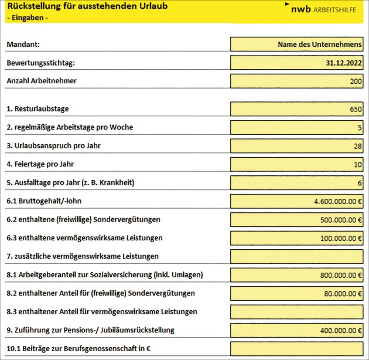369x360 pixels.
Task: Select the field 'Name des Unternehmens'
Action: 319,44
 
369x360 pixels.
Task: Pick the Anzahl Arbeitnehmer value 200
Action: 356,81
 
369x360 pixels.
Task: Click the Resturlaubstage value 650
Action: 356,109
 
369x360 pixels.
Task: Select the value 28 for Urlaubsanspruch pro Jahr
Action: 357,146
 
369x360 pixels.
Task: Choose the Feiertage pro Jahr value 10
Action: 357,165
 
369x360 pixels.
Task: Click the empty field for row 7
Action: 296,256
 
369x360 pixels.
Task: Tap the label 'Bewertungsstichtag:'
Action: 40,63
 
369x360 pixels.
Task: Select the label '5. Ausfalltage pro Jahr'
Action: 70,182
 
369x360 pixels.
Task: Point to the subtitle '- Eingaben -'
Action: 27,18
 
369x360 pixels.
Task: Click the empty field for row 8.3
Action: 296,311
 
